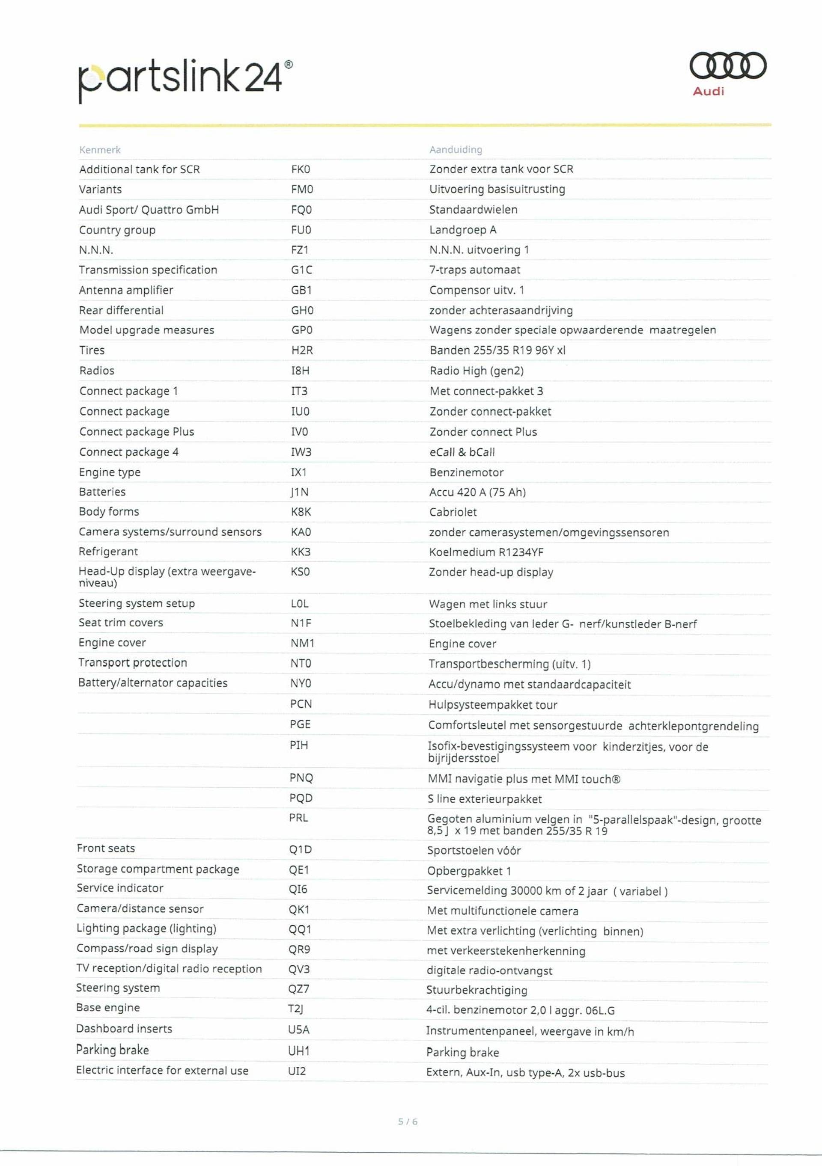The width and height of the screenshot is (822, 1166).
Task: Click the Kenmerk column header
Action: (100, 150)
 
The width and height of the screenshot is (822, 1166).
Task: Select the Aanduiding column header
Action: (455, 149)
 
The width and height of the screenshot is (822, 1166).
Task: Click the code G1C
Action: (301, 270)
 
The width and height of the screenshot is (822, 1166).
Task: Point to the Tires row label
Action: (92, 350)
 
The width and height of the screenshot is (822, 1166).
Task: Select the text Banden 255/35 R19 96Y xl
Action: (497, 350)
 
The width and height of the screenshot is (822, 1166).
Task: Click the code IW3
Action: (300, 452)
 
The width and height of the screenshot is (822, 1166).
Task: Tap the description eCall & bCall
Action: (462, 452)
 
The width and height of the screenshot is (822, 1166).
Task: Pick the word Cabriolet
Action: (453, 512)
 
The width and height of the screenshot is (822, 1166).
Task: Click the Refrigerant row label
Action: (108, 552)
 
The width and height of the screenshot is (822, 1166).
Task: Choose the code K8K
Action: (301, 512)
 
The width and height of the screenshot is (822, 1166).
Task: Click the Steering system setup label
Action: (137, 603)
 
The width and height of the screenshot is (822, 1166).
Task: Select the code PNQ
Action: (301, 778)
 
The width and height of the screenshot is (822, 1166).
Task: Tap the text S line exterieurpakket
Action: (484, 799)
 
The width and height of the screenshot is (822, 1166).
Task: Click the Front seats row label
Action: (106, 848)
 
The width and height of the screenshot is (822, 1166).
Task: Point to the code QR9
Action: (299, 949)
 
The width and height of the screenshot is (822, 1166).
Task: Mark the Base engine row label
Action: (108, 1008)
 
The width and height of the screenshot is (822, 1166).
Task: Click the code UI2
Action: (297, 1071)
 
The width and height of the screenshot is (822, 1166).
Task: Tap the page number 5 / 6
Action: (408, 1121)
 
